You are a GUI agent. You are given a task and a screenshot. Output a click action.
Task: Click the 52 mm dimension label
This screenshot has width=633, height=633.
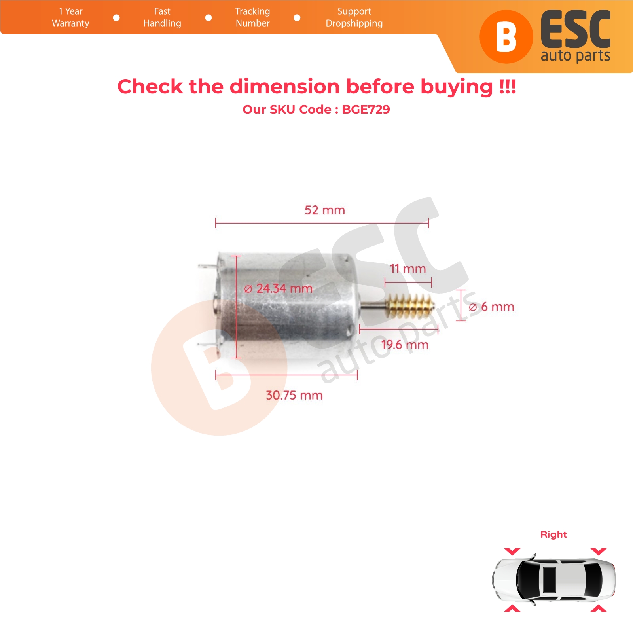coord(324,210)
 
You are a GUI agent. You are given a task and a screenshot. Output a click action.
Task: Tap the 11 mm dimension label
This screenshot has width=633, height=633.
coord(408,269)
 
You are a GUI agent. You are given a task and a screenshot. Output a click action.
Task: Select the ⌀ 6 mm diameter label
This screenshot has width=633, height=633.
coord(491,307)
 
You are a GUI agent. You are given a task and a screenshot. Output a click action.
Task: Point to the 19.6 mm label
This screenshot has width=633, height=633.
coord(405,345)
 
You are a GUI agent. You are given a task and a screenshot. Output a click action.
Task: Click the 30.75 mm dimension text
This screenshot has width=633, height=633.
coord(294,395)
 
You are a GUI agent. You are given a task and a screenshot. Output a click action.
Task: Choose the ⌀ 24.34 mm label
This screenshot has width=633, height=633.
coord(278,288)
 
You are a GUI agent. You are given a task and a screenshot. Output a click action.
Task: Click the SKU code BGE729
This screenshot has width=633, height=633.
coord(366,109)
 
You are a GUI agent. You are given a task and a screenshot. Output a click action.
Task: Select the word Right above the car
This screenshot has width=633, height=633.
coord(553,534)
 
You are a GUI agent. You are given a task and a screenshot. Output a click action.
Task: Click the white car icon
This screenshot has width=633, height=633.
coord(554,580)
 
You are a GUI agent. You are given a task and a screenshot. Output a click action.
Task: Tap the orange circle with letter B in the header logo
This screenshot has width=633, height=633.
coord(506,37)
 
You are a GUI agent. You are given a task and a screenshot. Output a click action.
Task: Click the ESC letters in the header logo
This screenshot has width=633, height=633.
coord(576,30)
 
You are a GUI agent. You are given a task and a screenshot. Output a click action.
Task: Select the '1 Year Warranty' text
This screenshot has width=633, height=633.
coord(70,17)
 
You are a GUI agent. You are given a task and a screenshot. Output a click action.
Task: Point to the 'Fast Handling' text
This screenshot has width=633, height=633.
coord(162,17)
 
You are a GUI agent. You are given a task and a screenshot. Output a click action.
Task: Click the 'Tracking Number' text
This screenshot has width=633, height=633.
coord(252,17)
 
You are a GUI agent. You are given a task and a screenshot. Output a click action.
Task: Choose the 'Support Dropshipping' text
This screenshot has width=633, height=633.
coord(354,17)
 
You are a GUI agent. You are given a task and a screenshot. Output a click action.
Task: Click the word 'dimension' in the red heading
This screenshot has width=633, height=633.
coord(284,86)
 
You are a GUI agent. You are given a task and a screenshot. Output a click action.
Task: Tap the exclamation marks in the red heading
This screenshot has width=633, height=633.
coord(508,86)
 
